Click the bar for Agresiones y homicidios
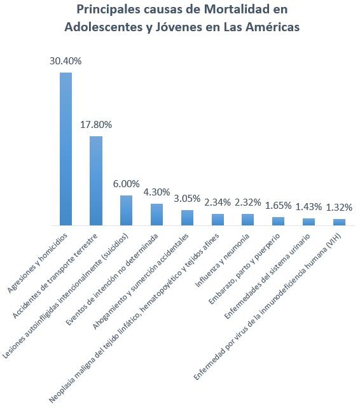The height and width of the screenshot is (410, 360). [66, 149]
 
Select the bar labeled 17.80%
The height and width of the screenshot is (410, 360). [96, 181]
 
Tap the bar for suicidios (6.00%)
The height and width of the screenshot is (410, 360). [126, 210]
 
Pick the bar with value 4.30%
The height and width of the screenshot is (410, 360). [156, 215]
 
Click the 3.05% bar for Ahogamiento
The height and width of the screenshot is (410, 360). [188, 218]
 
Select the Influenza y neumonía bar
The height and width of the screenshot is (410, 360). [247, 220]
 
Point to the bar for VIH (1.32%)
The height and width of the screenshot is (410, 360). [340, 222]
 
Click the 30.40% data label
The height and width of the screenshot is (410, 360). [66, 61]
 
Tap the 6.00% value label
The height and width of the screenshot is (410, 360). [126, 184]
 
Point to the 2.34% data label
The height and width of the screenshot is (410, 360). [218, 202]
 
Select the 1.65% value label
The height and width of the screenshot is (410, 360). [278, 206]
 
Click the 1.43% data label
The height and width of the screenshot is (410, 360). [308, 207]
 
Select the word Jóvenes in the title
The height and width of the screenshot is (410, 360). [179, 27]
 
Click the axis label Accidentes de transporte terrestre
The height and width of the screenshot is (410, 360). [55, 276]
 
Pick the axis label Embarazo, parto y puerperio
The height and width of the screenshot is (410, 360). [244, 269]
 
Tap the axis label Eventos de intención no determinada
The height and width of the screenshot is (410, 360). [112, 279]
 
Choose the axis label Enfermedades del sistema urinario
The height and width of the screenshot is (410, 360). [267, 276]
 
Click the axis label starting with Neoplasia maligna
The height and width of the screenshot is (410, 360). [134, 318]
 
